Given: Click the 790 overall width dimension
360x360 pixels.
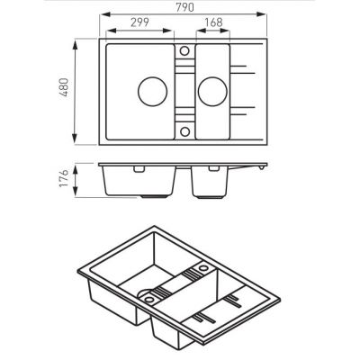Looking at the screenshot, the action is (184, 7).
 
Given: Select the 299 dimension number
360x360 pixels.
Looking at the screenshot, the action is (139, 22).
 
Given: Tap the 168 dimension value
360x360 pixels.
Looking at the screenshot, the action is (213, 22).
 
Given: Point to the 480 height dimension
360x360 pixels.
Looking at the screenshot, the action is (64, 87).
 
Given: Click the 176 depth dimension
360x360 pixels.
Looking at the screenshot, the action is (64, 178).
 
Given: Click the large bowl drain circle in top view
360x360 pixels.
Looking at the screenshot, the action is (152, 91).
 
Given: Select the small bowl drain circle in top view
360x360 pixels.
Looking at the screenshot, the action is (212, 91).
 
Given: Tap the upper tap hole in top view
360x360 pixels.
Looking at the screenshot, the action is (184, 50).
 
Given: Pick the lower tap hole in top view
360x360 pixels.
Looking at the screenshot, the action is (184, 131).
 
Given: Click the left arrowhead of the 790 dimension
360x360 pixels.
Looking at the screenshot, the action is (103, 13).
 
